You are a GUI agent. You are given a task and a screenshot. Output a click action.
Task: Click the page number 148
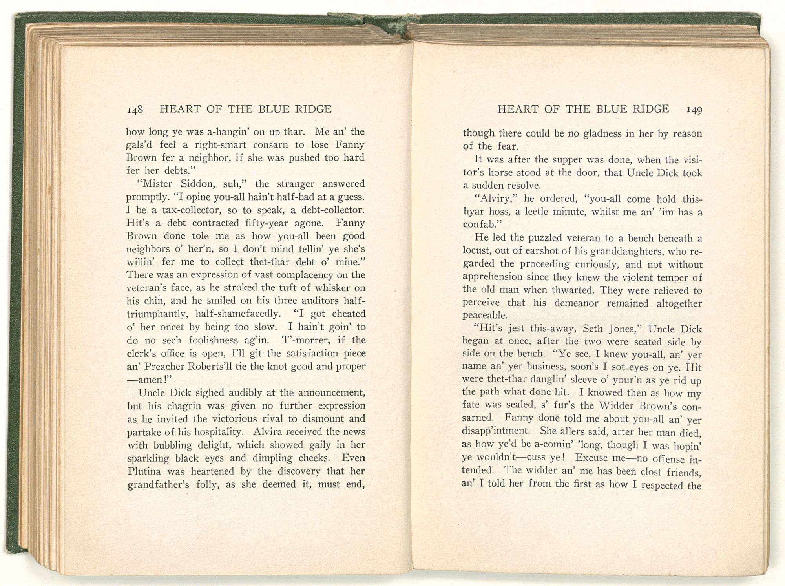click(x=134, y=110)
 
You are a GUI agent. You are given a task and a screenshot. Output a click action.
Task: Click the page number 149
click(x=694, y=110)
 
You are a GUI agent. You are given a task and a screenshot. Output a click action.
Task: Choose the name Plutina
click(x=144, y=471)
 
